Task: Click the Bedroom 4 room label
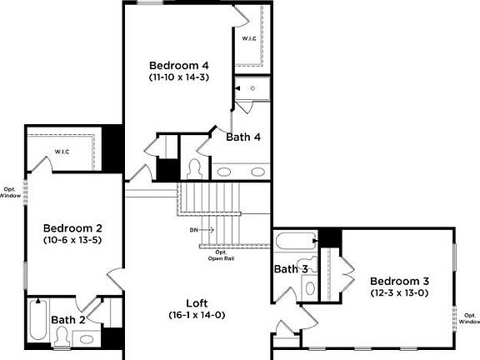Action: pyautogui.click(x=178, y=65)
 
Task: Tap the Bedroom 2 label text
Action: pyautogui.click(x=72, y=228)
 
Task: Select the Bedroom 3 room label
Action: pyautogui.click(x=399, y=281)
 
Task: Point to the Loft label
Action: pyautogui.click(x=197, y=303)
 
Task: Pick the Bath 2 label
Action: pyautogui.click(x=68, y=319)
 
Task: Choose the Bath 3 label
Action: pyautogui.click(x=292, y=269)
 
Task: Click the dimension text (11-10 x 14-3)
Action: pyautogui.click(x=178, y=77)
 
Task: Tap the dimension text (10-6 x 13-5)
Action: pyautogui.click(x=72, y=240)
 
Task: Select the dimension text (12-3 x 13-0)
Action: pyautogui.click(x=399, y=292)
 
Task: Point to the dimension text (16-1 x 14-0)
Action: pyautogui.click(x=197, y=315)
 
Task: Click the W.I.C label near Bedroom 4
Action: pyautogui.click(x=249, y=39)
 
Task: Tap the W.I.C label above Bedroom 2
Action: pyautogui.click(x=62, y=151)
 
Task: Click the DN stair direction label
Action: pyautogui.click(x=194, y=229)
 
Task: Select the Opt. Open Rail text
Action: pyautogui.click(x=221, y=255)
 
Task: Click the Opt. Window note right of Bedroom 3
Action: pyautogui.click(x=469, y=318)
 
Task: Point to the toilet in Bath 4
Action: pyautogui.click(x=196, y=168)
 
